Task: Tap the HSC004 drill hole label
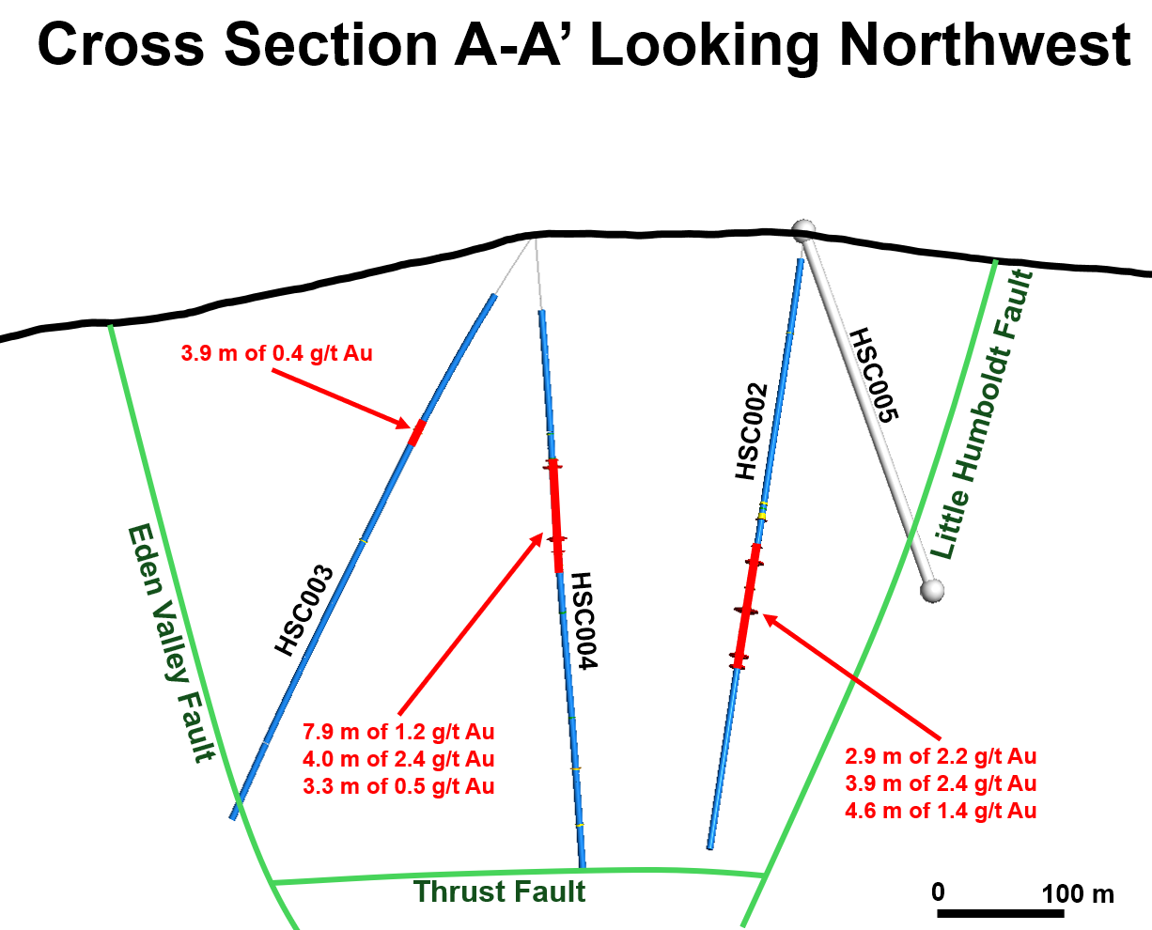click(584, 621)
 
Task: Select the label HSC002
click(752, 432)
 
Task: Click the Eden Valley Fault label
click(172, 643)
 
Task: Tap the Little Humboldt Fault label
click(983, 413)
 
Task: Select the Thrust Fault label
click(499, 891)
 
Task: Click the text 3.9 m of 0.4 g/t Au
click(276, 354)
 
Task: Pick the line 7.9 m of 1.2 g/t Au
click(398, 732)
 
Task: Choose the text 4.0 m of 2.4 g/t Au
click(398, 759)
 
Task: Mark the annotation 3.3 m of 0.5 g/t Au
click(398, 786)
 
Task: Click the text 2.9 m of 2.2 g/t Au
click(941, 756)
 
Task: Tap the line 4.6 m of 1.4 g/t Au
click(941, 810)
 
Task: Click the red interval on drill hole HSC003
click(417, 432)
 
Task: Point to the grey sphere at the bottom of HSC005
click(931, 590)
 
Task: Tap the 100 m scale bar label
click(1077, 892)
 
